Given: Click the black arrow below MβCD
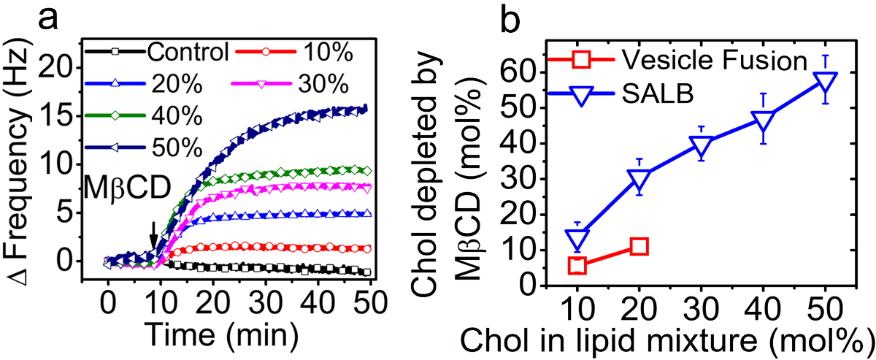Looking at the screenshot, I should (153, 237).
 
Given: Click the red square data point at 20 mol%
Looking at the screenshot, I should (638, 246).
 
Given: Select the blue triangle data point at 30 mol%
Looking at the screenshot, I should (701, 147).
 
